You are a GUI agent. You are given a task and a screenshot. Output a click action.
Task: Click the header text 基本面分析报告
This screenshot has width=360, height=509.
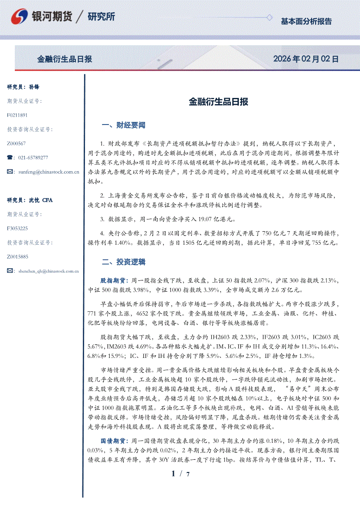pos(306,21)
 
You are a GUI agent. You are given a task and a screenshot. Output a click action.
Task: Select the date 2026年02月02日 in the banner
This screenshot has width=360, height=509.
pos(306,59)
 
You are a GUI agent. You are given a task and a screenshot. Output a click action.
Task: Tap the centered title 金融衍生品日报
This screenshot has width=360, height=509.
pos(218,102)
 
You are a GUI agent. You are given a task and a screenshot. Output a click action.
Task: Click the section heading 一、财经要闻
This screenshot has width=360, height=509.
pos(123,125)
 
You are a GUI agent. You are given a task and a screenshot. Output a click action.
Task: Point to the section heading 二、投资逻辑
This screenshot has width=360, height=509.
pos(123,262)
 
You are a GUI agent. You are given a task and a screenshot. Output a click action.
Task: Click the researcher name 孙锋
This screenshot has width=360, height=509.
pos(34,87)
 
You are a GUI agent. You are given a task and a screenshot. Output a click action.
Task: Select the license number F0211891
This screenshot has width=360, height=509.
pos(17,115)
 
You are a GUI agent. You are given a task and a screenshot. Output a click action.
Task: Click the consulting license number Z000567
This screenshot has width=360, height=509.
pos(17,143)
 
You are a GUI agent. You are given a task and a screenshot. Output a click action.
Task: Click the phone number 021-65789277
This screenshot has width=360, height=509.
pos(33,158)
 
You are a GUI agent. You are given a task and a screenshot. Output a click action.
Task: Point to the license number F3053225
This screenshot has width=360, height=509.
pos(17,228)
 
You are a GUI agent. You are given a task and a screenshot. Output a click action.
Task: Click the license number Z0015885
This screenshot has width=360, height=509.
pos(17,256)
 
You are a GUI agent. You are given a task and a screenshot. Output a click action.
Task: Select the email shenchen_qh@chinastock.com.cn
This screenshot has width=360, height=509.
pos(48,271)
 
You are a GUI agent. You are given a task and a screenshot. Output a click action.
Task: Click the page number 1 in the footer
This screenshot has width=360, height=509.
pos(173,474)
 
